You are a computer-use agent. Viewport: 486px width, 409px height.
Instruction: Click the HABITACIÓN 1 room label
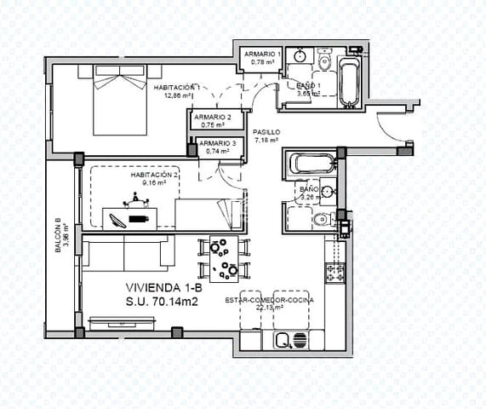(177, 88)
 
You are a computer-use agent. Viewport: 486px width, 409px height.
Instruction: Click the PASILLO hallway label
(266, 132)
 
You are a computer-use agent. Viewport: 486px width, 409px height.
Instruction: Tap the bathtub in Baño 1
(349, 78)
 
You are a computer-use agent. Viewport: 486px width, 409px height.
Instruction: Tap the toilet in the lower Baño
(320, 220)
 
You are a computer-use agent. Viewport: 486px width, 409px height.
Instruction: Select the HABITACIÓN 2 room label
(154, 175)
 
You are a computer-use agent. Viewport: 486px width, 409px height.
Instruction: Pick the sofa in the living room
(128, 253)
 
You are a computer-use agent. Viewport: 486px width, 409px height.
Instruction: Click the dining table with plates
(225, 259)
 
